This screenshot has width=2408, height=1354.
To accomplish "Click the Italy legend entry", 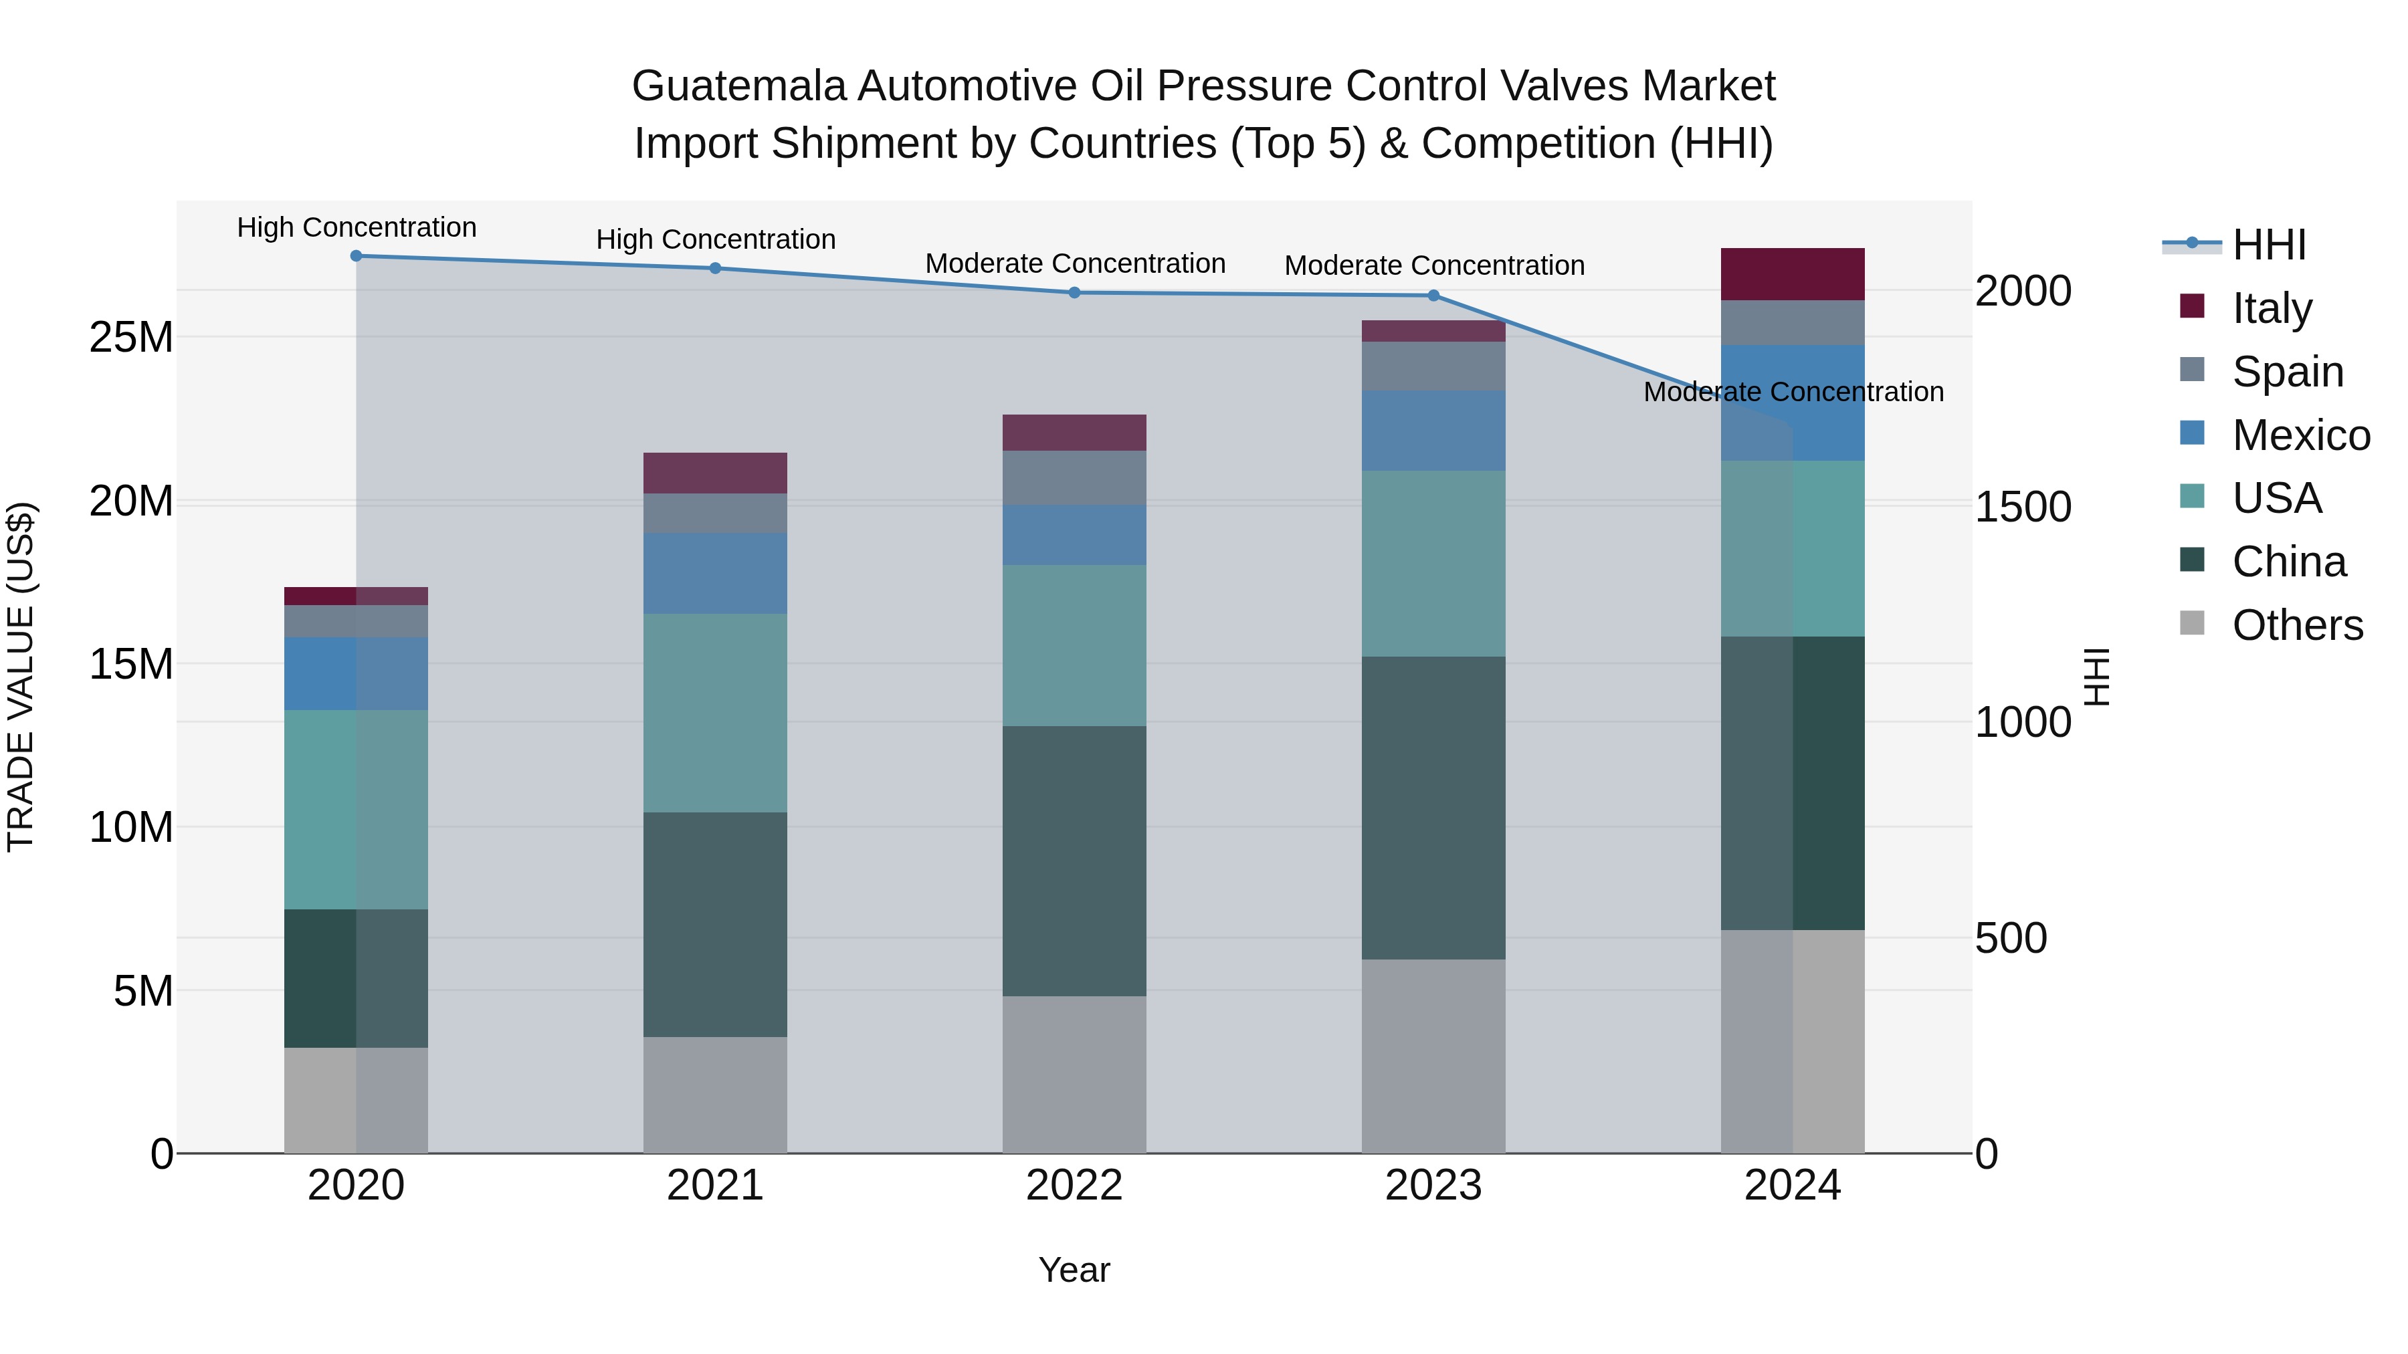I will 2272,308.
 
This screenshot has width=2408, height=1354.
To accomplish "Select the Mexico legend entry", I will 2300,435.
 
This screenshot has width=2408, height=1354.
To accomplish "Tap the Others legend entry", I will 2297,625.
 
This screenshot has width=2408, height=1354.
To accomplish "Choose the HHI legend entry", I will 2269,245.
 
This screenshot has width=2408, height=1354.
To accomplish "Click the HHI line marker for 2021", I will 715,268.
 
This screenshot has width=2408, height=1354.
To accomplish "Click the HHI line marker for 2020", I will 356,256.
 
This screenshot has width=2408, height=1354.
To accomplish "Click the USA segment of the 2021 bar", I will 715,713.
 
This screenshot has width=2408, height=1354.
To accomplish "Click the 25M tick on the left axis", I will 131,338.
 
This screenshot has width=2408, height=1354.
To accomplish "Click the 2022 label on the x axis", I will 1074,1186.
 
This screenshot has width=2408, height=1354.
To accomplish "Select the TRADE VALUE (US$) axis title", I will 21,677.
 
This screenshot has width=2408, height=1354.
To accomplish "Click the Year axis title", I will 1074,1270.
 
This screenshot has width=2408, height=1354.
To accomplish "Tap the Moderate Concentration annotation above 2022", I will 1075,263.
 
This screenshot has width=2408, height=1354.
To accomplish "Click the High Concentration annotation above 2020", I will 356,227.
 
